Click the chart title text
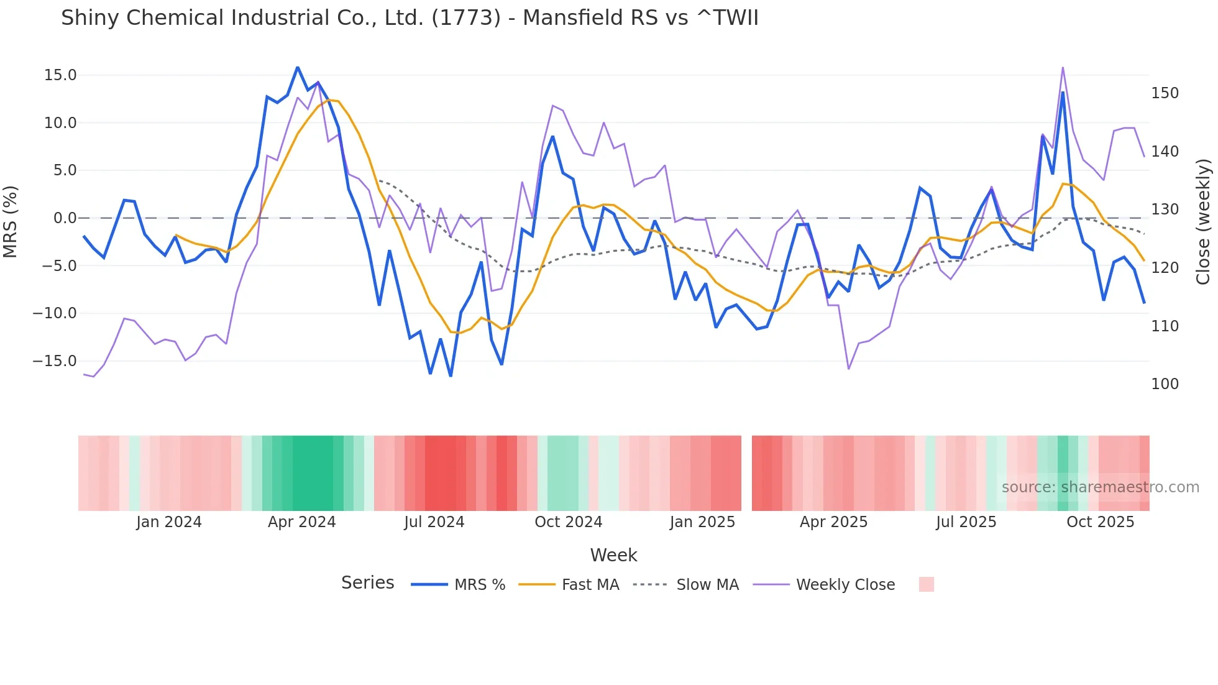coord(410,18)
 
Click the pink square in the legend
coord(926,584)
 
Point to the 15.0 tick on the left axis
coord(60,75)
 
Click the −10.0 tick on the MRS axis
coord(55,313)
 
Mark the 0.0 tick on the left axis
coord(65,218)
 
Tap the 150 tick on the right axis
coord(1165,93)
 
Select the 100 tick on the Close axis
coord(1165,384)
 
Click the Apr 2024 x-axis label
coord(301,522)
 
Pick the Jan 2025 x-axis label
coord(702,522)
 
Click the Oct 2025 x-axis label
coord(1100,522)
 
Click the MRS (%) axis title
coord(11,221)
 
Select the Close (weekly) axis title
coord(1203,221)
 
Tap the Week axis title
coord(613,555)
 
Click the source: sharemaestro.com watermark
coord(1100,487)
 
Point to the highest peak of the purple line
coord(1063,67)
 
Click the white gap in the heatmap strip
coord(746,473)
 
